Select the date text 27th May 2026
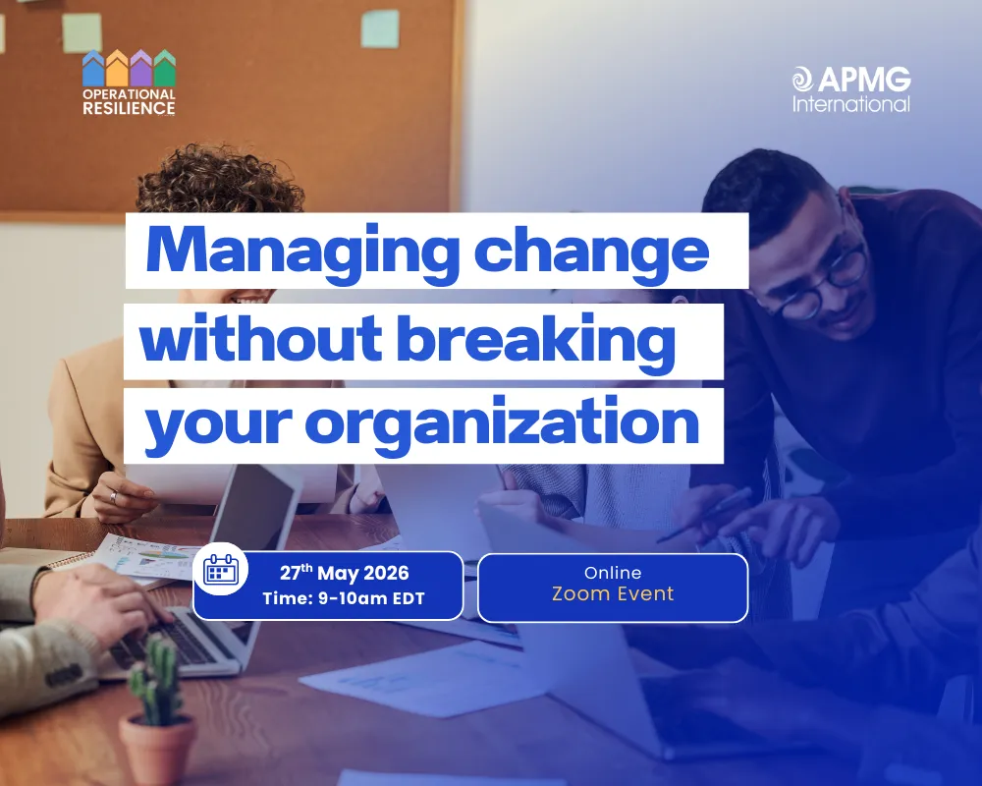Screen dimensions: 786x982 tap(344, 573)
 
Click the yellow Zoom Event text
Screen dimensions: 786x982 tap(613, 593)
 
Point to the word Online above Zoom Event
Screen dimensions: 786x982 tap(613, 572)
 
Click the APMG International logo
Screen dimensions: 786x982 tap(851, 88)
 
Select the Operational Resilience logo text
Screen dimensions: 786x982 tap(129, 101)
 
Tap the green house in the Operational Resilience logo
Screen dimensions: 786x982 tap(165, 69)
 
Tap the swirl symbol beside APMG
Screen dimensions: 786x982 tap(803, 79)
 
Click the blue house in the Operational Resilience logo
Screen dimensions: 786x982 tap(93, 69)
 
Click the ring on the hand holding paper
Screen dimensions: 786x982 tap(112, 497)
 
